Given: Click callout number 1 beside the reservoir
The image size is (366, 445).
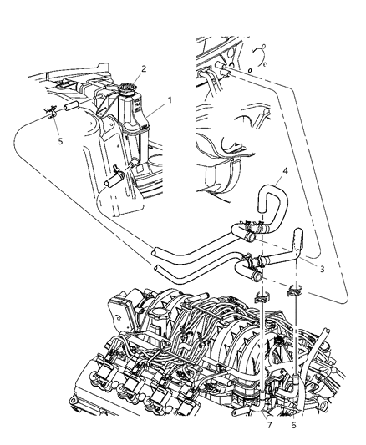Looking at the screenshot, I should (170, 99).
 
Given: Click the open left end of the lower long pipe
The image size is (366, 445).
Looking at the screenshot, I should (160, 267).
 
